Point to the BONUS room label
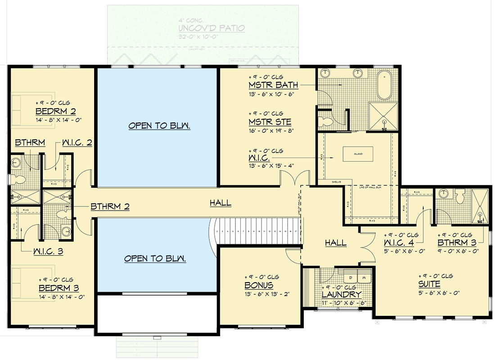(259, 285)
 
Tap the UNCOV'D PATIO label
(212, 28)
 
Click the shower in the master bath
(384, 116)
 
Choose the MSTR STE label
(270, 122)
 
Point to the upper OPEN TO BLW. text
(159, 126)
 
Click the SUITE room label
(429, 284)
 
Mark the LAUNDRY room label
(341, 295)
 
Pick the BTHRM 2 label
(110, 207)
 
